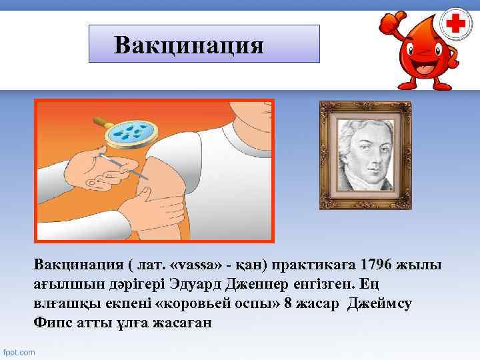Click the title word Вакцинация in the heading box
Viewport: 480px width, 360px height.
[189, 45]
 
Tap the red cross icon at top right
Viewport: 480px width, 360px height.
[456, 25]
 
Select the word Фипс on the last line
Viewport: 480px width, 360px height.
[51, 323]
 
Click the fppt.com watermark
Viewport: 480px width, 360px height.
[20, 351]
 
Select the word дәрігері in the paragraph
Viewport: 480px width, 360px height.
[141, 285]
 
